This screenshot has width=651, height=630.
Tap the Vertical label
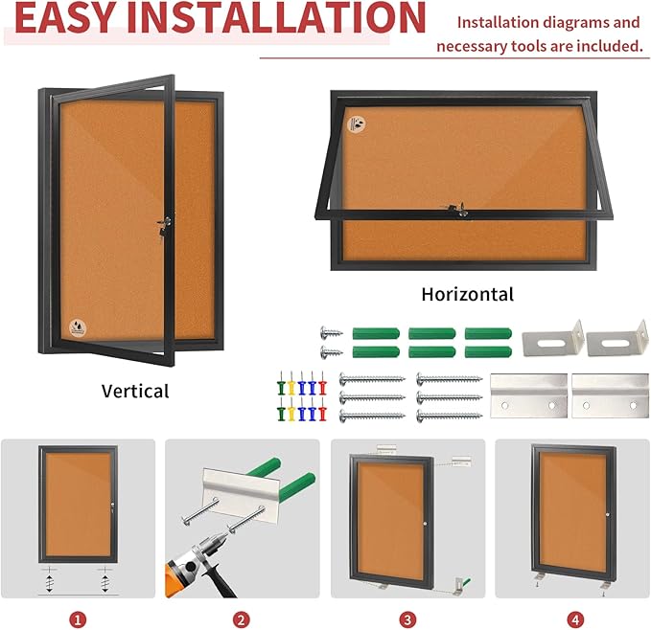click(x=135, y=391)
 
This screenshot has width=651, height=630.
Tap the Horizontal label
click(x=468, y=294)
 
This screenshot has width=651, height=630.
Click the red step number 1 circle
click(x=78, y=620)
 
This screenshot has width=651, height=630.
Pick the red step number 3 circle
click(x=407, y=620)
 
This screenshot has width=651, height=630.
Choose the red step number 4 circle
click(x=573, y=620)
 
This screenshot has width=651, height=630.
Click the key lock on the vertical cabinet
click(x=161, y=223)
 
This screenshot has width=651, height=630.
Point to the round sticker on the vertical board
click(x=76, y=327)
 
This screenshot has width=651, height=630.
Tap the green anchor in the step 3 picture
click(x=466, y=576)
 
